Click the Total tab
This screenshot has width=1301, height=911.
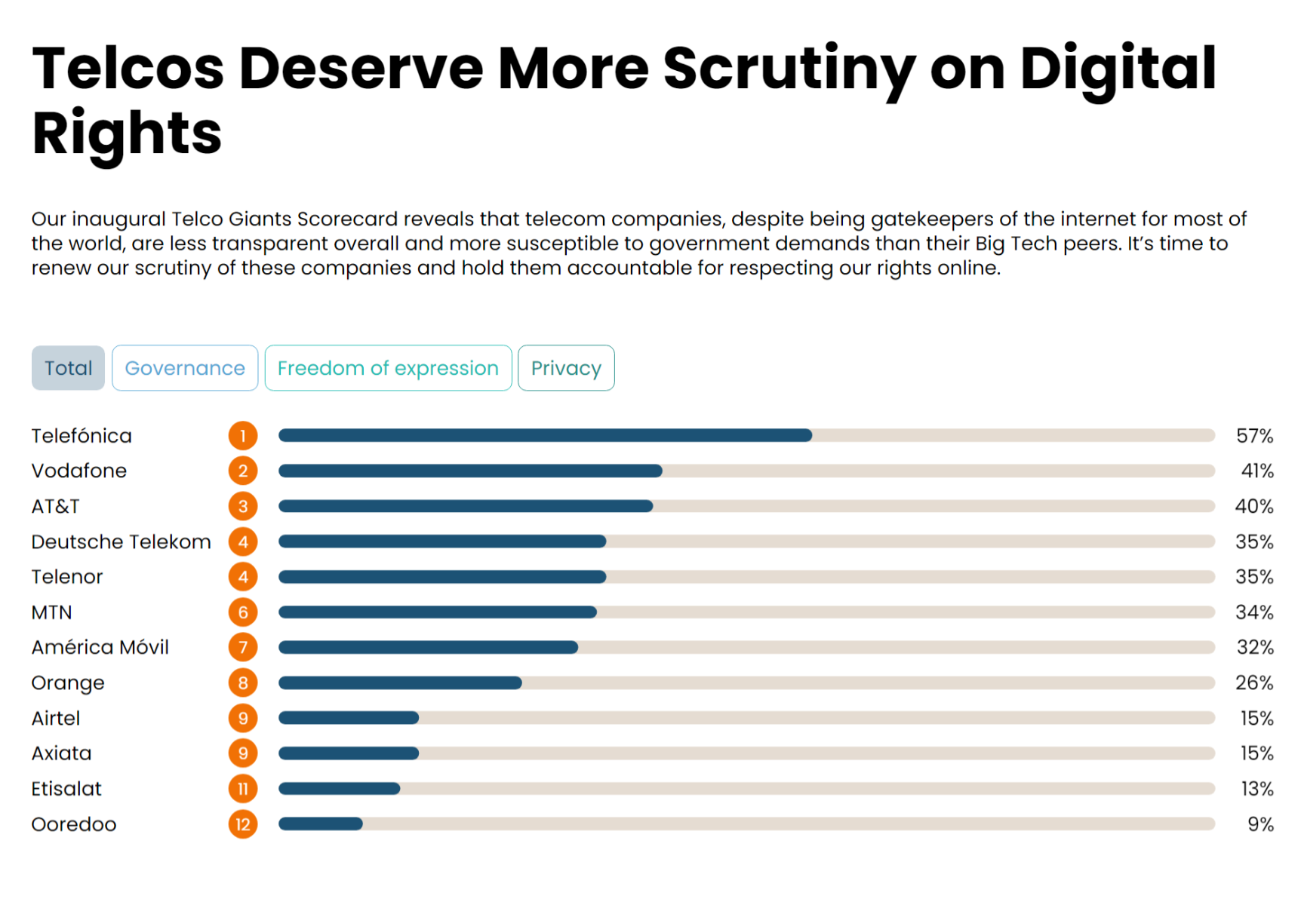point(68,368)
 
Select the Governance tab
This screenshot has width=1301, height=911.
point(185,368)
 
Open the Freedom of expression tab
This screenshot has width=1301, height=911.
point(388,368)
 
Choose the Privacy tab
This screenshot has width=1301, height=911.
point(566,368)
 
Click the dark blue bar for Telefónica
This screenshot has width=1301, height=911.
point(545,435)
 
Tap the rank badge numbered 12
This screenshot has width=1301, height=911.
point(243,824)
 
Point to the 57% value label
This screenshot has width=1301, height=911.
point(1254,436)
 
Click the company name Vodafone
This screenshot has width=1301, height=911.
point(79,471)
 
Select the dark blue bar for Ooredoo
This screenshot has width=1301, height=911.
point(321,824)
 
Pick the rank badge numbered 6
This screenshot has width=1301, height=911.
point(243,612)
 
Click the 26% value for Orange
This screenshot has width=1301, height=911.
point(1254,682)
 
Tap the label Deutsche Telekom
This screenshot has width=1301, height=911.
point(121,541)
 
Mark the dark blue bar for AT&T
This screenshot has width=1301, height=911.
point(466,506)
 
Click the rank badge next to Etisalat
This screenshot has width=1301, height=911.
point(243,789)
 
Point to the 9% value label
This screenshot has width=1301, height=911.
point(1260,824)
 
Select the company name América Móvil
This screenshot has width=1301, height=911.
point(100,647)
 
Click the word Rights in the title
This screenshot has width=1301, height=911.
point(127,133)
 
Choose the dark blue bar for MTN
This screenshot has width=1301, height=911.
point(438,612)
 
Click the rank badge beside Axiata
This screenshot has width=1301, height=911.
point(243,753)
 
